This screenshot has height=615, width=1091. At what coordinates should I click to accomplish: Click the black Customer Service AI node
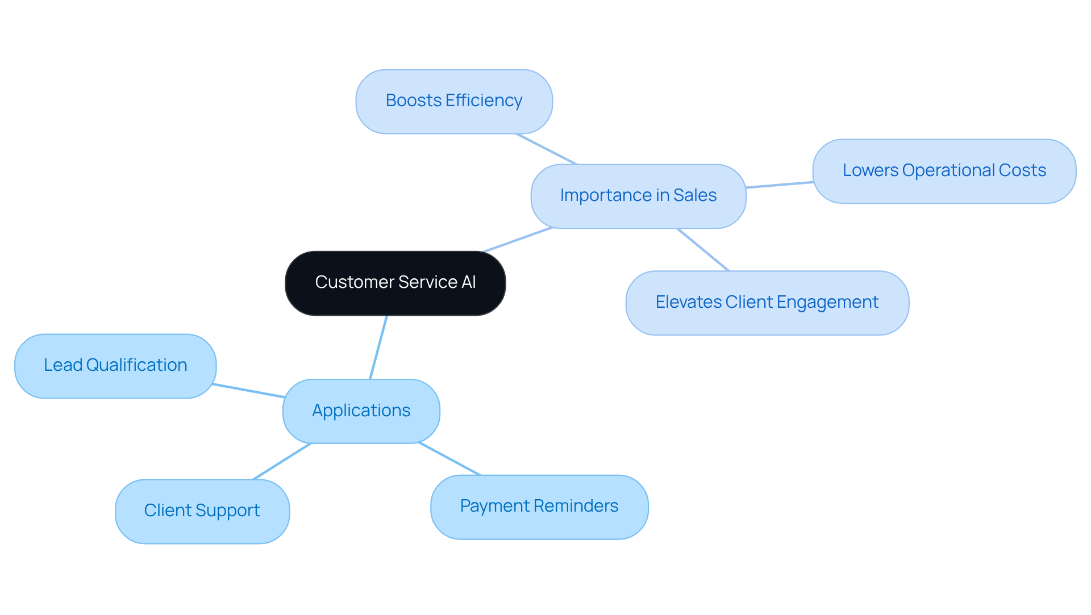click(x=395, y=283)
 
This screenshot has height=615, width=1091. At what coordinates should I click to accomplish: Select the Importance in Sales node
click(x=638, y=196)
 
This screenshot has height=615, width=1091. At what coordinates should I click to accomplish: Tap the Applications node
click(x=361, y=411)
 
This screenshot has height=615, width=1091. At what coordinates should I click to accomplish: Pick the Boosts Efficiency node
click(x=453, y=101)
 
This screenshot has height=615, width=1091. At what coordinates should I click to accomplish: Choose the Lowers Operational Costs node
click(x=944, y=171)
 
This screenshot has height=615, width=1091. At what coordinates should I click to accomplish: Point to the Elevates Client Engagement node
click(x=767, y=303)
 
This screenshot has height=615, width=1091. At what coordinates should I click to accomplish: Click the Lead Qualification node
click(x=115, y=366)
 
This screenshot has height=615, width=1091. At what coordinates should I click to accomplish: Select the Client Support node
click(x=202, y=511)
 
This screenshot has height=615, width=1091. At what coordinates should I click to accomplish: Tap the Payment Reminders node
click(x=539, y=507)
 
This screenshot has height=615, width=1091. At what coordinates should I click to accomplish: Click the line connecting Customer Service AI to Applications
click(x=378, y=347)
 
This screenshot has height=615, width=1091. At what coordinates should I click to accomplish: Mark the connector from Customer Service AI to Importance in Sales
click(x=518, y=240)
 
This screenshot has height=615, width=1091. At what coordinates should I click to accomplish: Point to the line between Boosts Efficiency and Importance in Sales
click(x=546, y=149)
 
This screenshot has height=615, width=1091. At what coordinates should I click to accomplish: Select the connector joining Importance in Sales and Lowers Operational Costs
click(x=779, y=185)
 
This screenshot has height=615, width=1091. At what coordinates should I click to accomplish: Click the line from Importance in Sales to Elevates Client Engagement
click(x=703, y=249)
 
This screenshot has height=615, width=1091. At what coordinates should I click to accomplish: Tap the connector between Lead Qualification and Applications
click(x=249, y=391)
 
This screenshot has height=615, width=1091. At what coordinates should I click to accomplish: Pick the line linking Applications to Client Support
click(x=282, y=461)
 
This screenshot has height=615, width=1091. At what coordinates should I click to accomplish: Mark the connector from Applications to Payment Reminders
click(x=449, y=459)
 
